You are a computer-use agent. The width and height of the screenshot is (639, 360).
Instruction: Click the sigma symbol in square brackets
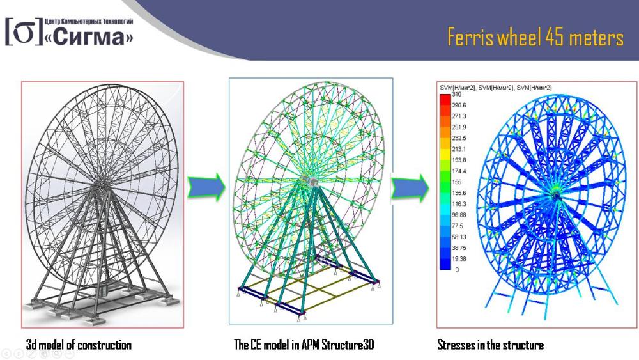[24, 32]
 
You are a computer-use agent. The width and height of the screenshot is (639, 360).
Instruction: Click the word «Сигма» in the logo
[89, 36]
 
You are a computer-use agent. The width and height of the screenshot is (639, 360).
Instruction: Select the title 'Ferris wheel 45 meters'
[535, 37]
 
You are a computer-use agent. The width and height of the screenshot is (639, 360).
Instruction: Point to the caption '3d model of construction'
[79, 345]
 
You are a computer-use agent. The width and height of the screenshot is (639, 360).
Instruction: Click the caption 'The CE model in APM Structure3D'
[304, 345]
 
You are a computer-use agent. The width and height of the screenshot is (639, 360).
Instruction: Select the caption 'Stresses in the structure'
[490, 345]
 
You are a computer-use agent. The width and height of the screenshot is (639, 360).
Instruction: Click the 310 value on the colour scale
[456, 94]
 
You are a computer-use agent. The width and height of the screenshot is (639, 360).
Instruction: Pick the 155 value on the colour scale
[456, 182]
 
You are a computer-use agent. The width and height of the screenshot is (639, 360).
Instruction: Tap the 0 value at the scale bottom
[457, 269]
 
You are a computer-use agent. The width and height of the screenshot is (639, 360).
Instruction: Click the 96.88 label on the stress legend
[459, 215]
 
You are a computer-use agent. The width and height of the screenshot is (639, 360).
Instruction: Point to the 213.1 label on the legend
[459, 149]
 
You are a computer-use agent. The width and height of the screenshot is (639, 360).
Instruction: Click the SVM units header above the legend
[496, 88]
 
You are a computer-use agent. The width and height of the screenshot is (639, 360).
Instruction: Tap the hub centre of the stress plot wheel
[556, 195]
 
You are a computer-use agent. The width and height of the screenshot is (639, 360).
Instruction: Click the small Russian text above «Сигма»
[88, 21]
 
